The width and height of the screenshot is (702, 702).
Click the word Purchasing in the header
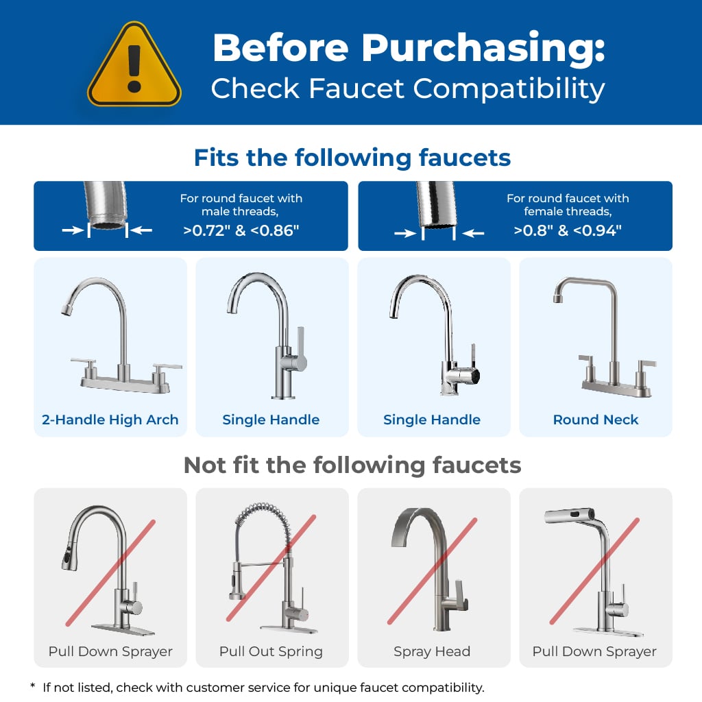(x=484, y=48)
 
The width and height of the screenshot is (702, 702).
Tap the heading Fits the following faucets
(x=352, y=158)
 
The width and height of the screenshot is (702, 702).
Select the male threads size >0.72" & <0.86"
(x=241, y=230)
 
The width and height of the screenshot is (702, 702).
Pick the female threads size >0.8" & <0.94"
(x=568, y=230)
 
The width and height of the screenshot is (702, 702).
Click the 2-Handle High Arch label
(x=110, y=420)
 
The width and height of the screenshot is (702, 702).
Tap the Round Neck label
(x=596, y=420)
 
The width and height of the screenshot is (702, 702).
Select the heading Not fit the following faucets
(x=352, y=465)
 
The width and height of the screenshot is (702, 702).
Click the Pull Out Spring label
(x=271, y=651)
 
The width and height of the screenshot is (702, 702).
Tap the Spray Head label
(x=432, y=651)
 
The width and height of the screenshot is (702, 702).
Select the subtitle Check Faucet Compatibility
(x=407, y=89)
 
